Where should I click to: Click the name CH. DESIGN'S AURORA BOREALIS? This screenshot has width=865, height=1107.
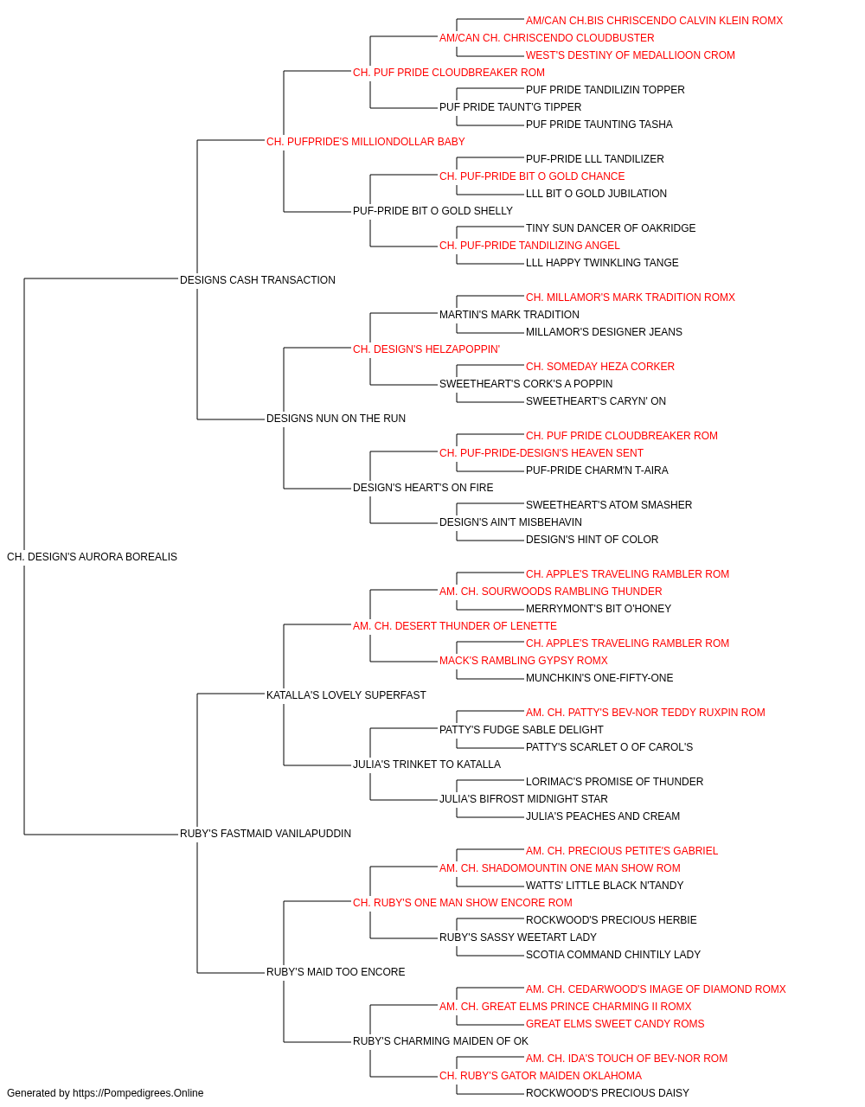coord(93,557)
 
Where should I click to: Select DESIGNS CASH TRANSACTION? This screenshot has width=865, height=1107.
coord(258,280)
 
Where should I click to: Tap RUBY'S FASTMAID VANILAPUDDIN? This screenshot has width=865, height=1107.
coord(266,834)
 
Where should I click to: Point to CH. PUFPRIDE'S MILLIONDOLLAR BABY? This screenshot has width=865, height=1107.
coord(366,142)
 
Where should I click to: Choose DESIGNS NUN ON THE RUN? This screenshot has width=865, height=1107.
coord(336,419)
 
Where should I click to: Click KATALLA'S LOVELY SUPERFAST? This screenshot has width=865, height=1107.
coord(346,695)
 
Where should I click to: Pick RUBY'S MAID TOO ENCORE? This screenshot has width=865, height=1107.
coord(336,972)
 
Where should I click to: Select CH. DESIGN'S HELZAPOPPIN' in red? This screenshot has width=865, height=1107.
coord(426,349)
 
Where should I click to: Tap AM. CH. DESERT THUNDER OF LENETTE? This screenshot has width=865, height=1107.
coord(455,626)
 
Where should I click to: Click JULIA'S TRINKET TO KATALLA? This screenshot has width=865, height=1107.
coord(427,765)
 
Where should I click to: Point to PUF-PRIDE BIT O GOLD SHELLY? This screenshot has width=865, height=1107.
coord(433,211)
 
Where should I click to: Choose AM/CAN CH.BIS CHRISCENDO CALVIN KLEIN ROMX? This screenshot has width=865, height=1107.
coord(654,21)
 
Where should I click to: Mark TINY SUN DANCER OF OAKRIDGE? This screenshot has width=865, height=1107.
coord(611,228)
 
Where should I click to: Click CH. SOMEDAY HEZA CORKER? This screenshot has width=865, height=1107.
coord(600,367)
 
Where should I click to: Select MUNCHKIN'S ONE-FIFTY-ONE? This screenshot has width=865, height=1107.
coord(599,678)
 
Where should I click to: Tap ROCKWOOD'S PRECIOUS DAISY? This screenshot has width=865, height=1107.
coord(608,1093)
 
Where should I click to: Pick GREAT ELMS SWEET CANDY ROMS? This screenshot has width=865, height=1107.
coord(615,1024)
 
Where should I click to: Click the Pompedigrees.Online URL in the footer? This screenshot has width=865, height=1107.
coord(138,1093)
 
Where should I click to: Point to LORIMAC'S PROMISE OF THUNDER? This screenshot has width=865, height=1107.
coord(614,782)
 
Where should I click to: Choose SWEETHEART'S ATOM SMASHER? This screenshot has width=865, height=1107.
coord(609,505)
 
